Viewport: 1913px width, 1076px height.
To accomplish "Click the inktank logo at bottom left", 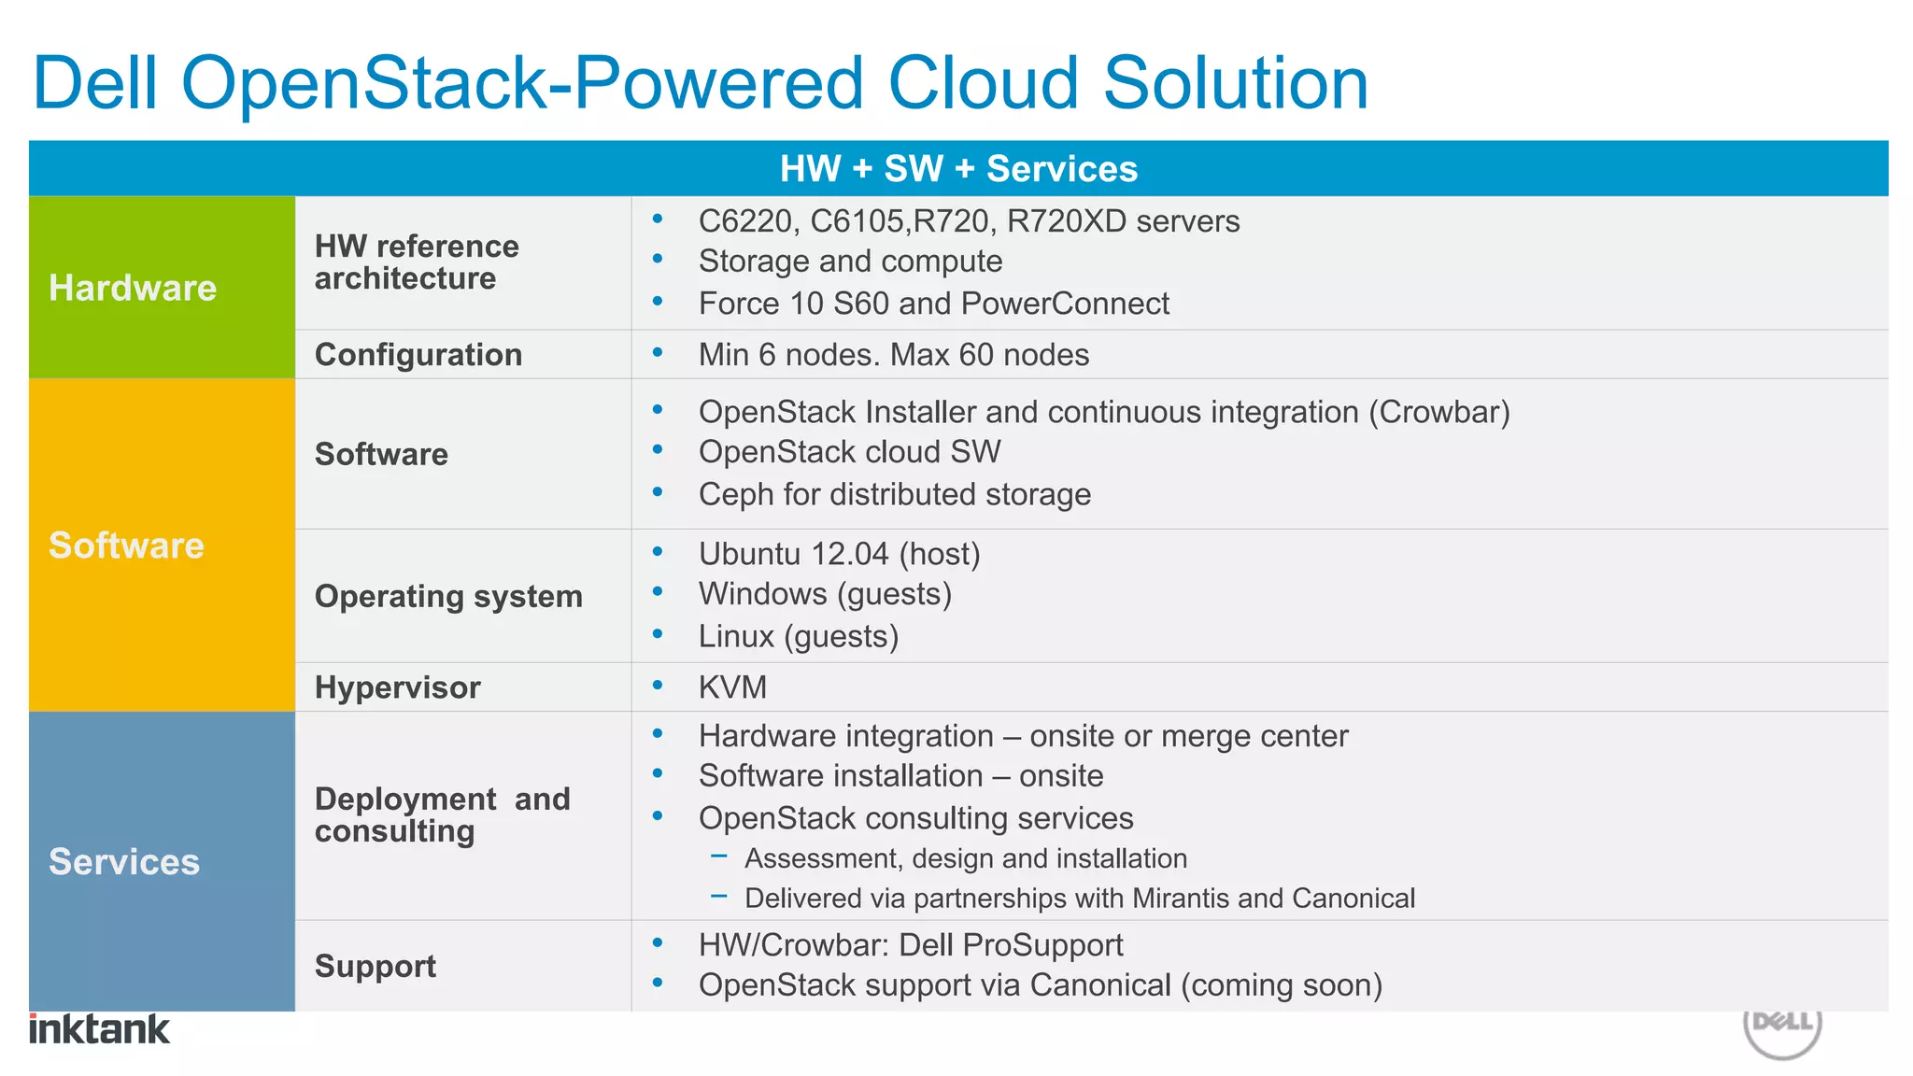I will click(99, 1028).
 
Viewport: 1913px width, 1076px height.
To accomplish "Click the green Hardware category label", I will click(133, 288).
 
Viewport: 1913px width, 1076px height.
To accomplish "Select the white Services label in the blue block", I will click(124, 861).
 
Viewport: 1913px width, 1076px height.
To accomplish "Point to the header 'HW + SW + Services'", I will click(958, 169).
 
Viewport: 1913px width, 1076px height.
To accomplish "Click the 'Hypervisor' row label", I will click(397, 687).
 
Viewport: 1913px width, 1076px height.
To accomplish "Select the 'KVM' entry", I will click(732, 687).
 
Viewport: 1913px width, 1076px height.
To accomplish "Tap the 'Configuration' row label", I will click(418, 355).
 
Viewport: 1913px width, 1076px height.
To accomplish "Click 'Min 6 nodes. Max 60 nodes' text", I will click(893, 355).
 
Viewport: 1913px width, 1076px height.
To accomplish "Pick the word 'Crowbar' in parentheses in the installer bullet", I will click(1439, 412).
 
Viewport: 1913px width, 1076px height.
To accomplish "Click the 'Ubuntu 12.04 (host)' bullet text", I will click(839, 554).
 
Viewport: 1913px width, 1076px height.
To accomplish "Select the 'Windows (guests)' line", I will click(825, 594).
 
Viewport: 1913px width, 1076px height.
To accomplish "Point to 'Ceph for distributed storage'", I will click(894, 494).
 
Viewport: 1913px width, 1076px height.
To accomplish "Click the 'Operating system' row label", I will click(448, 596).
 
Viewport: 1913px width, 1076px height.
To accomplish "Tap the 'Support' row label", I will click(375, 966).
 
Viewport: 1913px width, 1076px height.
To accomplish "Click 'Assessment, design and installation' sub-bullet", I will click(965, 858).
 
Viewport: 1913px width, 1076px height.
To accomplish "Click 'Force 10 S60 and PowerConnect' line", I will click(933, 304).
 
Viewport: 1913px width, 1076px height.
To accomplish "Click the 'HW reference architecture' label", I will click(416, 262).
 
